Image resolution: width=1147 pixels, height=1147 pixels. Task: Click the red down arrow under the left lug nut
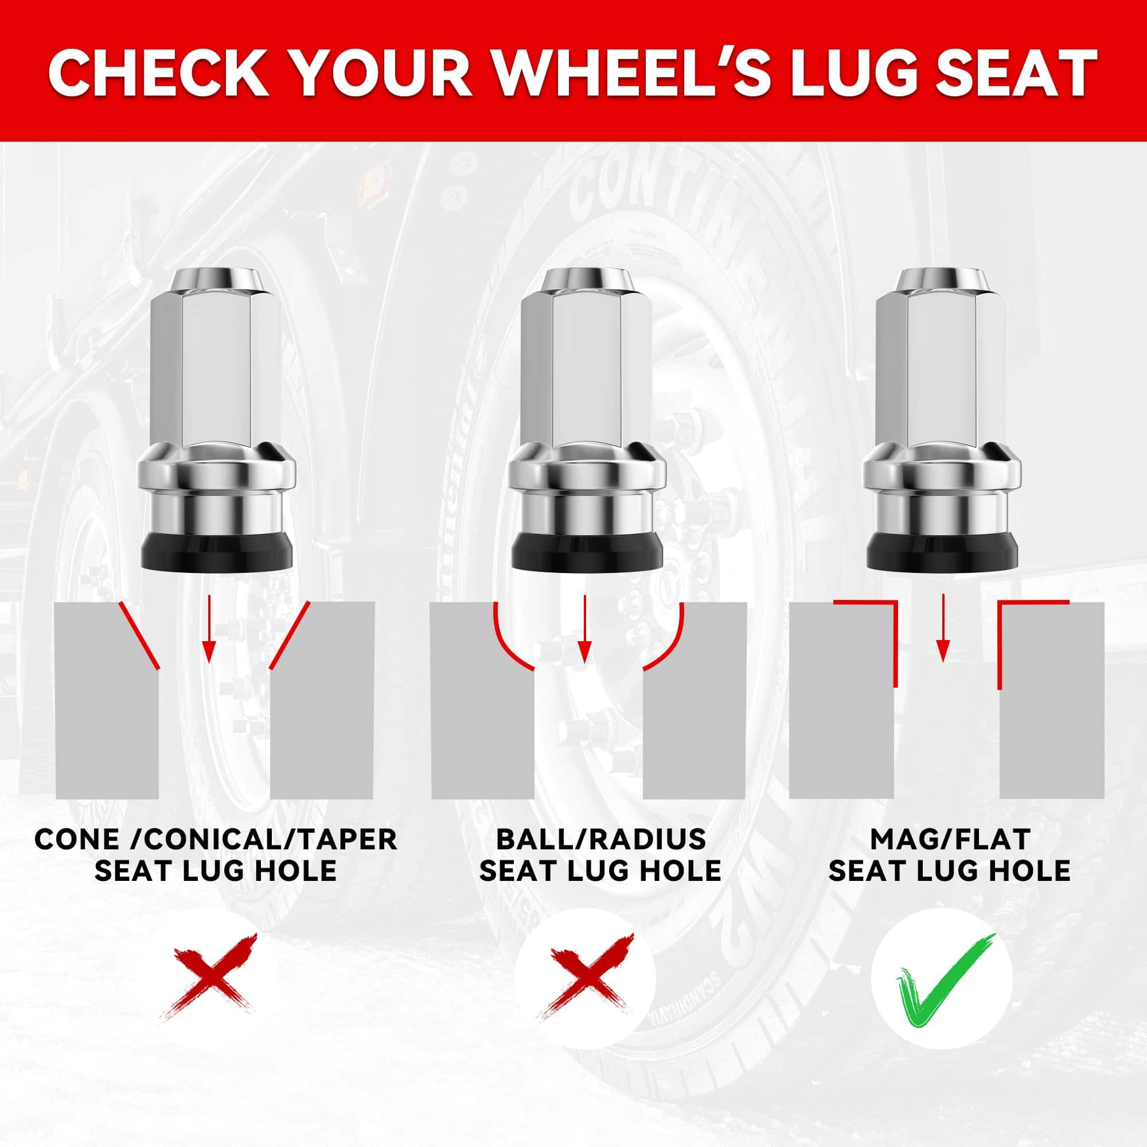click(207, 631)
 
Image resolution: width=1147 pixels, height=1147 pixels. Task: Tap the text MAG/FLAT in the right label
click(949, 840)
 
